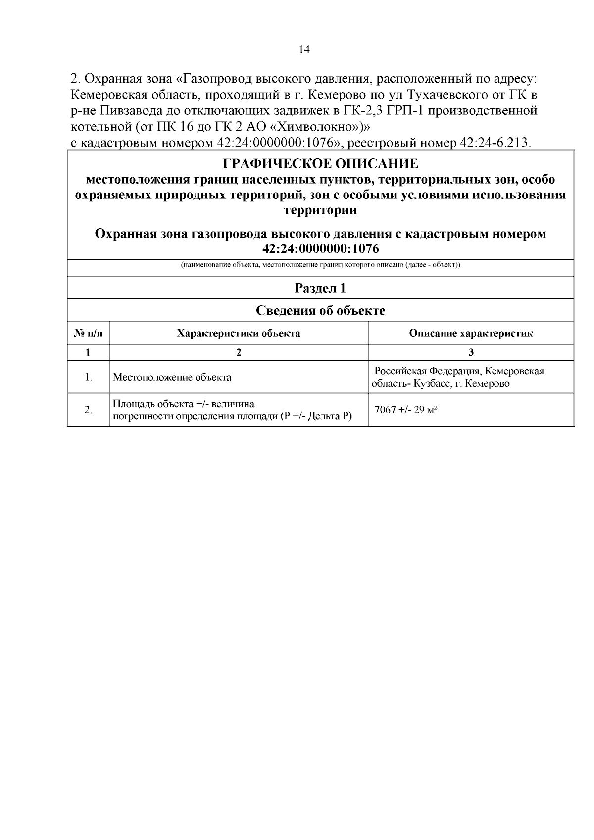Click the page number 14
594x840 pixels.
[x=304, y=49]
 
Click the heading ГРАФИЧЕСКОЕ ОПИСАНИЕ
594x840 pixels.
[x=320, y=164]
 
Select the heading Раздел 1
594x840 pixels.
[x=320, y=288]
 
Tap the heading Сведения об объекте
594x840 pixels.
[x=320, y=311]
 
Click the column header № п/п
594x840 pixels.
[x=88, y=333]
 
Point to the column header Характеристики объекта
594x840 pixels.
[x=239, y=333]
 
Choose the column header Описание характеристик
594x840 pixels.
[x=471, y=333]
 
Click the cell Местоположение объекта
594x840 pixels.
[x=172, y=377]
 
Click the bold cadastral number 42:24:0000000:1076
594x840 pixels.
[x=320, y=247]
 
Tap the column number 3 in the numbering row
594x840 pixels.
[x=471, y=352]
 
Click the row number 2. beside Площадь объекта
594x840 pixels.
[x=88, y=410]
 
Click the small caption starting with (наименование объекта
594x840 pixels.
[x=320, y=265]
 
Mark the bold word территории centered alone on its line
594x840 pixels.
[x=320, y=210]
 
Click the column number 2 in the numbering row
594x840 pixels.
[x=239, y=352]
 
